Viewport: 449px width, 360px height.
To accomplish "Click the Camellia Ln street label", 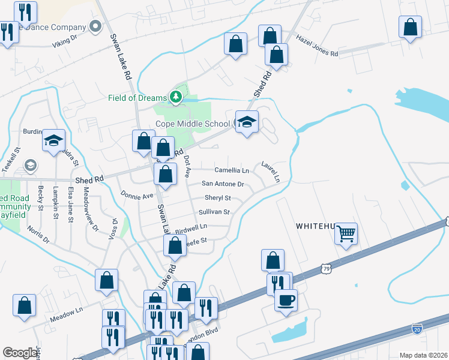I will [232, 171].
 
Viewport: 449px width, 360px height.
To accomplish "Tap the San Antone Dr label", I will [223, 184].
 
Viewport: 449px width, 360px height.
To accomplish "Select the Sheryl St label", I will [217, 198].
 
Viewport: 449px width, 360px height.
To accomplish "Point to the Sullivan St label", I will [214, 212].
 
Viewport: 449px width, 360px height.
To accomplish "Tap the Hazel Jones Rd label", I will [318, 45].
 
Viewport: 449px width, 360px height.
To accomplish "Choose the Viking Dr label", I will [65, 39].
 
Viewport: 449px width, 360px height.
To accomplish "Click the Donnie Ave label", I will [137, 195].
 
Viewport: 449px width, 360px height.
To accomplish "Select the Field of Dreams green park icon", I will [175, 97].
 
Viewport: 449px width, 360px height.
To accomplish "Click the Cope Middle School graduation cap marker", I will [246, 122].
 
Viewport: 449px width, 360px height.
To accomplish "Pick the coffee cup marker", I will [286, 298].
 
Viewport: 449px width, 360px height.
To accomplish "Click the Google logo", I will [20, 353].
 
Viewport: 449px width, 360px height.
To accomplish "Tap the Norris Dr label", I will [38, 235].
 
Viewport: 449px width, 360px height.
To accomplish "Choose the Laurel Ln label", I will [271, 171].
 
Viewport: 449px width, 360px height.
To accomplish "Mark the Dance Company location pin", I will [95, 26].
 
